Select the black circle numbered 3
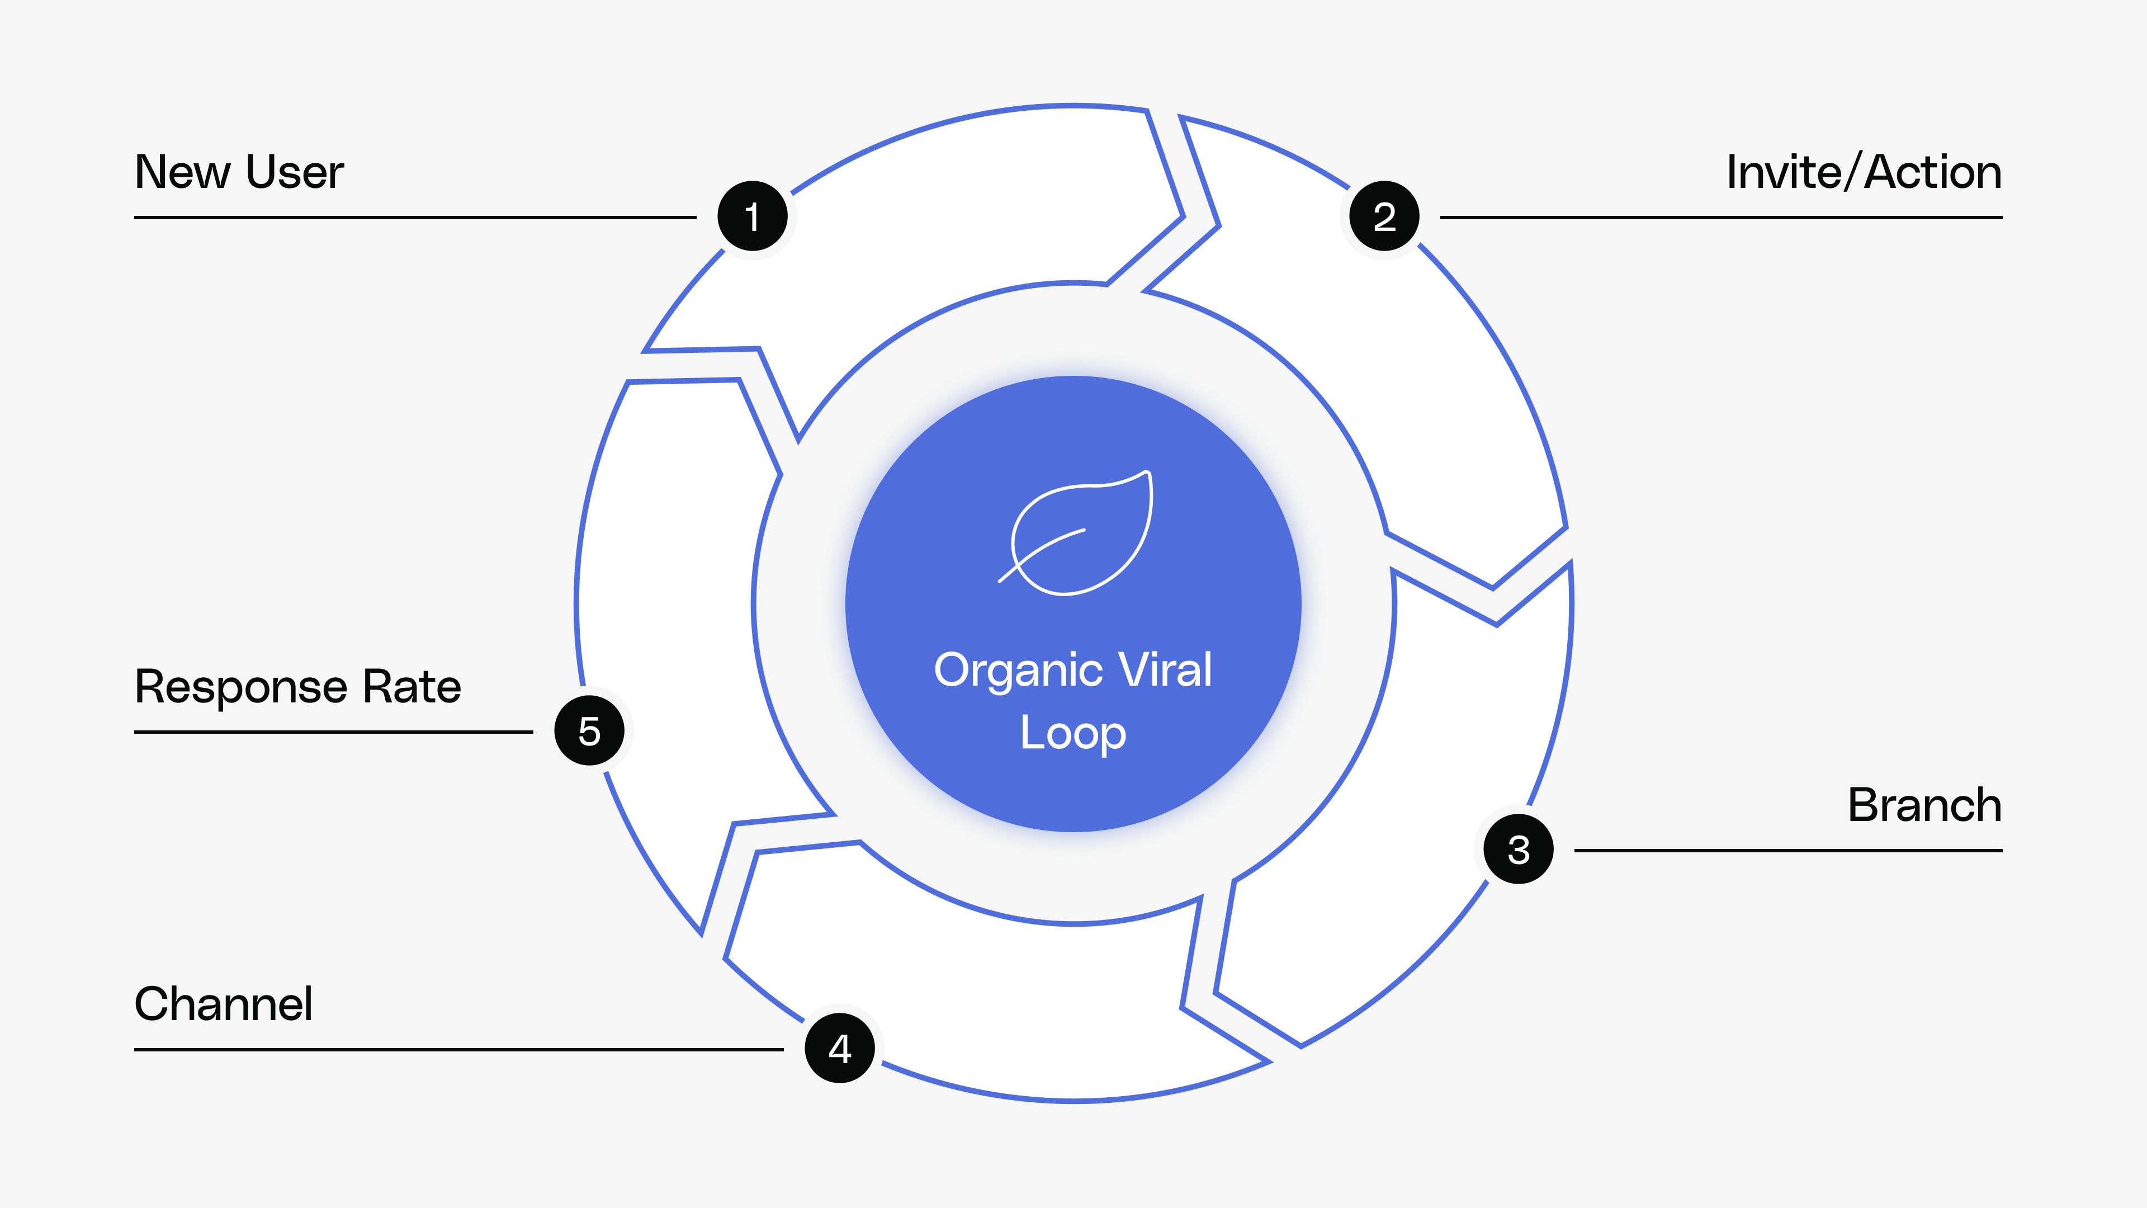pos(1518,849)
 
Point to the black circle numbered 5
pos(589,730)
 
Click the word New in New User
pos(182,173)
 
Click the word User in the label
pos(294,173)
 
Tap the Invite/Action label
pos(1864,173)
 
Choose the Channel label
pos(224,1004)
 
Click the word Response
pos(241,688)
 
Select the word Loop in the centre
pos(1073,734)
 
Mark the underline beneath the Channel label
pos(458,1050)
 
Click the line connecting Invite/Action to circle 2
pos(1720,218)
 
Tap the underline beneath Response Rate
pos(333,732)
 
